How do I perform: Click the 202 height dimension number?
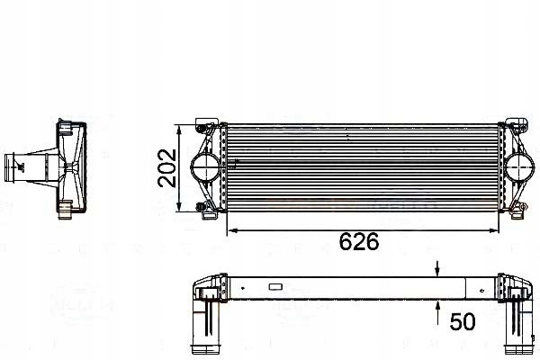[167, 166]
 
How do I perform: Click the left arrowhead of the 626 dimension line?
[229, 230]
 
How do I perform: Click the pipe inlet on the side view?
[13, 166]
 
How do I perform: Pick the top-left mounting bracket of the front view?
[205, 123]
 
